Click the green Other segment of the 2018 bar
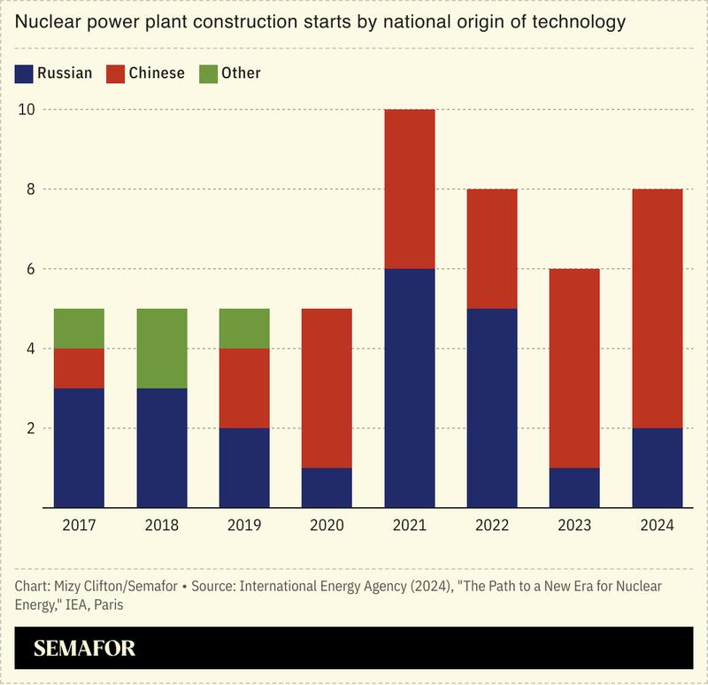[161, 348]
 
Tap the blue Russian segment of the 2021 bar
[409, 388]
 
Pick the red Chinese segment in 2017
[79, 368]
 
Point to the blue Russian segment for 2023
[573, 488]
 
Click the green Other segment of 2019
[243, 328]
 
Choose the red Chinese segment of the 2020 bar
[326, 388]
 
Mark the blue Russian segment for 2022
[491, 408]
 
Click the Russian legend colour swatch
[24, 73]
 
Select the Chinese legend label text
[157, 73]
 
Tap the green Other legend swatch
[208, 73]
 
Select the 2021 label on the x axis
[409, 525]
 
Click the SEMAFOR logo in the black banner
[84, 648]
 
